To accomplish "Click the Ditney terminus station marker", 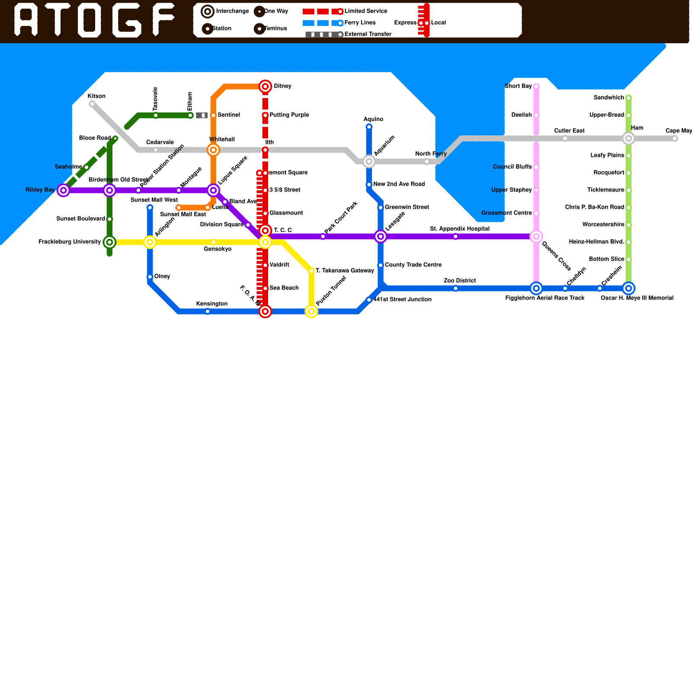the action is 265,86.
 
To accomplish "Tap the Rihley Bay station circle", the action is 64,190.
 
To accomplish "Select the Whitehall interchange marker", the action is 213,150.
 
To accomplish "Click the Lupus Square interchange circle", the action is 213,190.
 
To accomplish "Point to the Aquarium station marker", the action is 369,162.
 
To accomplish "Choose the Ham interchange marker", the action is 628,138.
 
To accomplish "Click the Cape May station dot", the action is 675,138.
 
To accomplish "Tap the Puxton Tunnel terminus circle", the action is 311,311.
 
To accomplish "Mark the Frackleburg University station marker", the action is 110,242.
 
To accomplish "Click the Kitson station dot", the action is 92,104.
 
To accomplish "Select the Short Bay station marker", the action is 536,86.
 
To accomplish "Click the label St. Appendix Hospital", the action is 460,229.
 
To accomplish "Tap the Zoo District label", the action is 460,281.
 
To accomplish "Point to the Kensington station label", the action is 212,304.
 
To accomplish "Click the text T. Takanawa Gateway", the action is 345,271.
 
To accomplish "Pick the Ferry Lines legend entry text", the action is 360,22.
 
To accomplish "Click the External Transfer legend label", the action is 368,34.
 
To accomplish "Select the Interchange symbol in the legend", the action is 208,12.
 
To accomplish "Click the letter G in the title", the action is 127,20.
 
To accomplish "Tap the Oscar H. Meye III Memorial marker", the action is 628,288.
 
